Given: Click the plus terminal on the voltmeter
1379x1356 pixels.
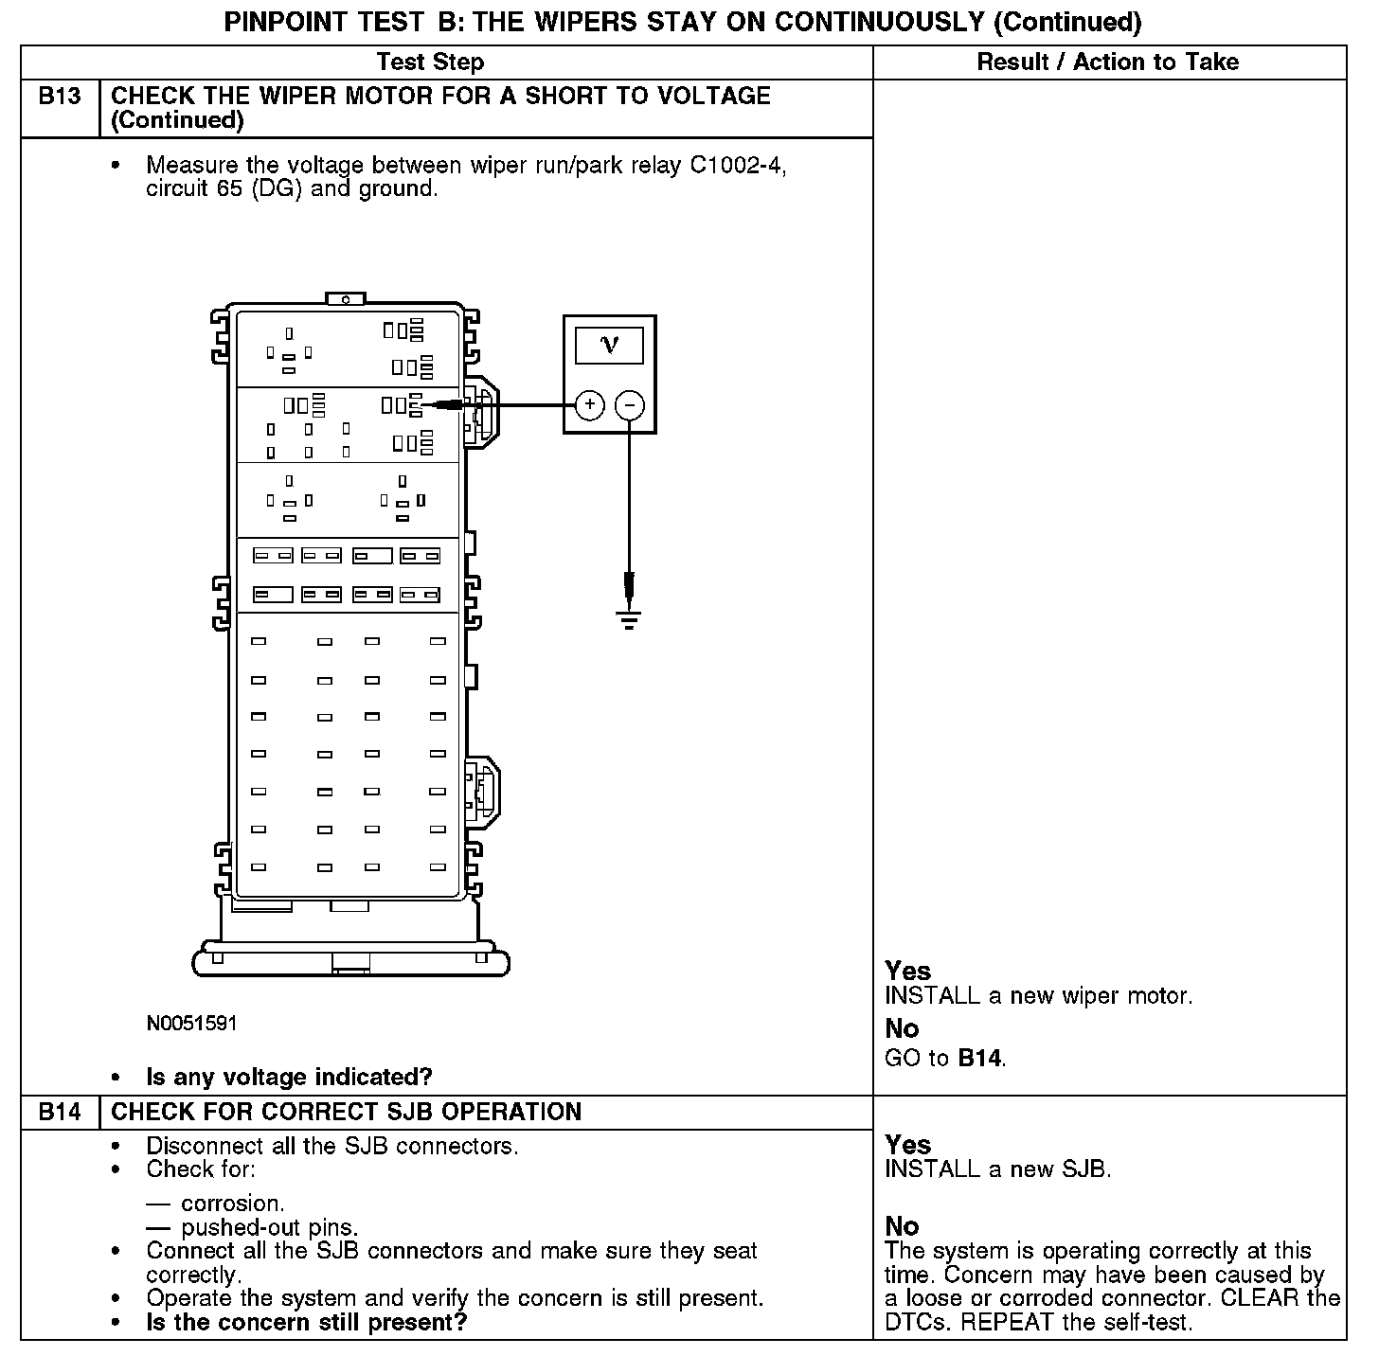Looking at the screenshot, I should click(589, 405).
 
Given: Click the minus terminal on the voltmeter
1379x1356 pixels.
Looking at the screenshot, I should click(630, 405).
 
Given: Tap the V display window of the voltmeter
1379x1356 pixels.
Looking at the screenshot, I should click(609, 346).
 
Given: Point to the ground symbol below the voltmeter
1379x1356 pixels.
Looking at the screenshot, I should click(629, 619).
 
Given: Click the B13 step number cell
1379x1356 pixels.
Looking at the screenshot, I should click(60, 97).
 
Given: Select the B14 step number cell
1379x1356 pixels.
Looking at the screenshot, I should click(60, 1112).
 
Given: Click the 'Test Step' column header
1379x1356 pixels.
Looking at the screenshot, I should click(430, 62).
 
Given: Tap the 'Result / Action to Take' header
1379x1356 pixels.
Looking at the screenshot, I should click(1107, 62).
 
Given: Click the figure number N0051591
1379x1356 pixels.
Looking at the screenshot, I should click(191, 1024).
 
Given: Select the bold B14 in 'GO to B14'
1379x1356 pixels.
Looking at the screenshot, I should click(979, 1058).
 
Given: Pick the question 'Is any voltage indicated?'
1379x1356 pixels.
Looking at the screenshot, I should click(289, 1077).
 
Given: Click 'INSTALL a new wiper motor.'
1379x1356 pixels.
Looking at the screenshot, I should click(1038, 996).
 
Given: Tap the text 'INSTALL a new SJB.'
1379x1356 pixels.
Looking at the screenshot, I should click(997, 1169).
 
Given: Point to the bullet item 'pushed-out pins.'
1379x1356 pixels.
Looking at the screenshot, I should click(269, 1228).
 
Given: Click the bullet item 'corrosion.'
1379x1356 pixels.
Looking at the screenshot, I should click(232, 1204).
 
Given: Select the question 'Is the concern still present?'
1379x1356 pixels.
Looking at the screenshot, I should click(306, 1322).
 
